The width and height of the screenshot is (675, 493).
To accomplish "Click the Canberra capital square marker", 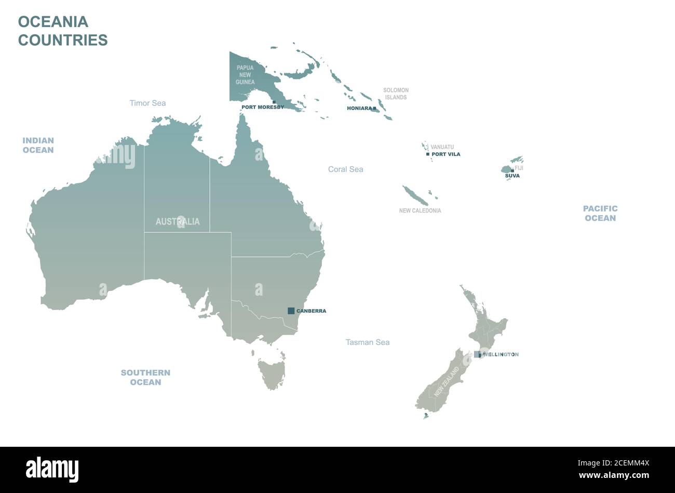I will tap(291, 311).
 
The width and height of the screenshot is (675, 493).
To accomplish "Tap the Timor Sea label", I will tap(148, 103).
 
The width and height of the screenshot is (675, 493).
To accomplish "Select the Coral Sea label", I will tap(345, 169).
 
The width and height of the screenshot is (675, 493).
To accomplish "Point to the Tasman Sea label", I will tap(368, 342).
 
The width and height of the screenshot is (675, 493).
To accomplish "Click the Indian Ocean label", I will tap(38, 145).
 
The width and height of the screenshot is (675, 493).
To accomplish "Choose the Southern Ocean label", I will tap(145, 377).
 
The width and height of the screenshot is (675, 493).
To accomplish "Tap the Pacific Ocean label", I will tap(600, 213).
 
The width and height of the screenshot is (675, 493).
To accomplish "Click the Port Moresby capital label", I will tap(263, 107).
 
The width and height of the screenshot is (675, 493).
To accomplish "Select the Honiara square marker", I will tap(374, 109).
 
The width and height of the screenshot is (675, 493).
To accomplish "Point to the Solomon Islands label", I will tap(396, 94).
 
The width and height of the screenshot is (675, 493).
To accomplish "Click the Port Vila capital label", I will tap(446, 154).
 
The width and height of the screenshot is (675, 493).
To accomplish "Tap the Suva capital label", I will tap(512, 176).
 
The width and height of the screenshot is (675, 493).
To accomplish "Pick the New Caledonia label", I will tap(420, 211).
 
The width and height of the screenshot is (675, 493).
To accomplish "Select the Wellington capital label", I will tap(501, 354).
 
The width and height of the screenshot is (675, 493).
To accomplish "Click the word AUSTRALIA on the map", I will tap(178, 222).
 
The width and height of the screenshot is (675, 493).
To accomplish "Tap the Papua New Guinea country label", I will tap(245, 75).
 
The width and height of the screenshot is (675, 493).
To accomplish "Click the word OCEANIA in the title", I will tap(53, 22).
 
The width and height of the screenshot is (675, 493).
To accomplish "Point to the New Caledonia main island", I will tap(415, 195).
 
